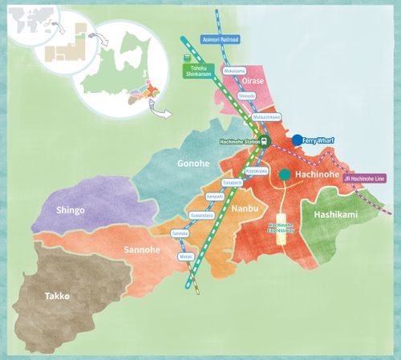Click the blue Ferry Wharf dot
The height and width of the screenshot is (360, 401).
pyautogui.click(x=297, y=140)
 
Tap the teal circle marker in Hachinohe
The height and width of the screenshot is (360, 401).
pyautogui.click(x=285, y=174)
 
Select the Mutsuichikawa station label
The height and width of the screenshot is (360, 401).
pyautogui.click(x=266, y=116)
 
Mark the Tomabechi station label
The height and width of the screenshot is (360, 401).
pyautogui.click(x=233, y=183)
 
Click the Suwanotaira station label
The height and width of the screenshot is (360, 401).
pyautogui.click(x=201, y=216)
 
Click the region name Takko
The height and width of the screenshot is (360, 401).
pyautogui.click(x=57, y=296)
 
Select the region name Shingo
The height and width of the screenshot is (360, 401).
pyautogui.click(x=71, y=210)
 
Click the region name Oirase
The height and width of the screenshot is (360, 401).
pyautogui.click(x=255, y=79)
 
